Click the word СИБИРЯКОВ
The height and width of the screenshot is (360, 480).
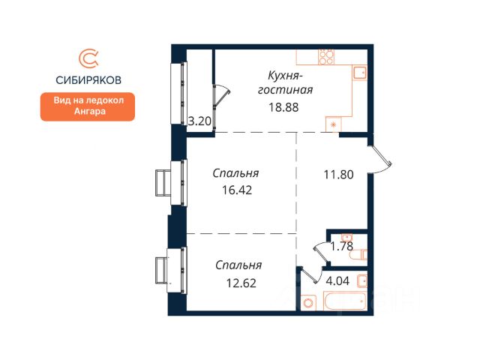[x=88, y=80]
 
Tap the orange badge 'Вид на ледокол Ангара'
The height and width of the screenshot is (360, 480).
[x=88, y=106]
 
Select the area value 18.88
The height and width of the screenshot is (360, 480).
[x=283, y=107]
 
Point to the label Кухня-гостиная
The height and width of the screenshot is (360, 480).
[x=285, y=82]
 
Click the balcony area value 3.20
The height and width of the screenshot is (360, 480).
[x=199, y=121]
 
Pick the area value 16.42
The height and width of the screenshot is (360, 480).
[x=237, y=190]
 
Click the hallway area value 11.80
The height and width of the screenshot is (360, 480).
[x=338, y=175]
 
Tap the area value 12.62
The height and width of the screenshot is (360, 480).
[x=241, y=283]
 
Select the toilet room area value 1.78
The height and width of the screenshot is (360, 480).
[x=342, y=246]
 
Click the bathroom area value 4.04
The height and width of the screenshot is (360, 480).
[x=337, y=280]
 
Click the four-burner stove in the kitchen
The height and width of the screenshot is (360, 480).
[x=326, y=57]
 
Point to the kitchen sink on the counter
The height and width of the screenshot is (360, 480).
[x=360, y=73]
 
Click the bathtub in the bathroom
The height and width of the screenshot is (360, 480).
[x=345, y=301]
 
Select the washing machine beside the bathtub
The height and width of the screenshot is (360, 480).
[x=309, y=303]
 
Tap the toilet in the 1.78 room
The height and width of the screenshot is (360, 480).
[x=358, y=255]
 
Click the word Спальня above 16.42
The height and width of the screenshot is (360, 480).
[x=235, y=173]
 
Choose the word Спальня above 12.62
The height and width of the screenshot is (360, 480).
[x=238, y=265]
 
